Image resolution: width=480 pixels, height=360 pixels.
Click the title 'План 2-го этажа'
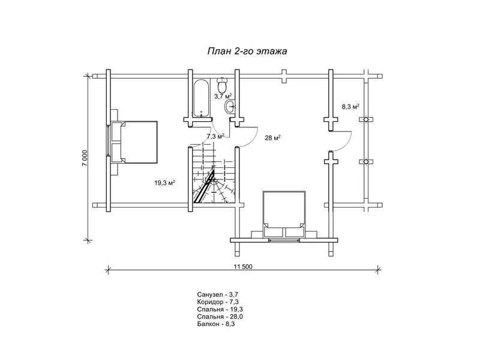pos(247,51)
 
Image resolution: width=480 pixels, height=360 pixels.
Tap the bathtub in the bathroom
pos(202,98)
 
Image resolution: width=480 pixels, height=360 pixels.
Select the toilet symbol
pos(222,85)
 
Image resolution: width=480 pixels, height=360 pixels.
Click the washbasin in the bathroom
pos(230,107)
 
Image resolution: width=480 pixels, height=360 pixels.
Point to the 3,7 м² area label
pos(223,96)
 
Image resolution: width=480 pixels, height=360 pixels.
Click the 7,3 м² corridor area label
pos(215,136)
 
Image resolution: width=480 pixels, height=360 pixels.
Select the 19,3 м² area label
pos(164,183)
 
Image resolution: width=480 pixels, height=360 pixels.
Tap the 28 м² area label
pos(273,138)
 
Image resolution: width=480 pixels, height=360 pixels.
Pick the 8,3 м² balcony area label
pos(350,107)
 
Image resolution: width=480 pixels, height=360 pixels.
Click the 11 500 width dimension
pos(243,266)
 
